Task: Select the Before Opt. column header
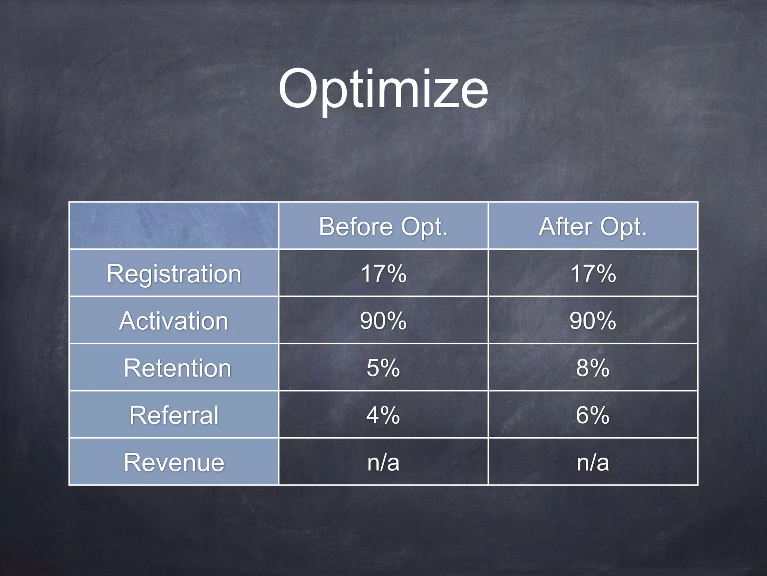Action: coord(383,226)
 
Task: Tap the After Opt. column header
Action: coord(593,226)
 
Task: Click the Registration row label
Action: coord(174,273)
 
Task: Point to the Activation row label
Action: coord(174,321)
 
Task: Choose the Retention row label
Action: coord(177,368)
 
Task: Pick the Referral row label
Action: coord(174,415)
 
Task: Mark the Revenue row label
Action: coord(174,462)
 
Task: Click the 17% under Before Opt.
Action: coord(383,273)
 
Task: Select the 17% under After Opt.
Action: coord(593,273)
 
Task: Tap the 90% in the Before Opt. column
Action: coord(383,321)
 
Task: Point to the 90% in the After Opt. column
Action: coord(593,321)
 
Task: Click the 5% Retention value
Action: coord(383,368)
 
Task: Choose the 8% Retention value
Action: coord(593,368)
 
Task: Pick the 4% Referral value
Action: coord(383,415)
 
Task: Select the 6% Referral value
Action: coord(593,415)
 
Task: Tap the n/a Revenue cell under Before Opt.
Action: coord(383,462)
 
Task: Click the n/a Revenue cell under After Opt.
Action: coord(593,462)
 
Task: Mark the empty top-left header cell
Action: coord(174,225)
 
